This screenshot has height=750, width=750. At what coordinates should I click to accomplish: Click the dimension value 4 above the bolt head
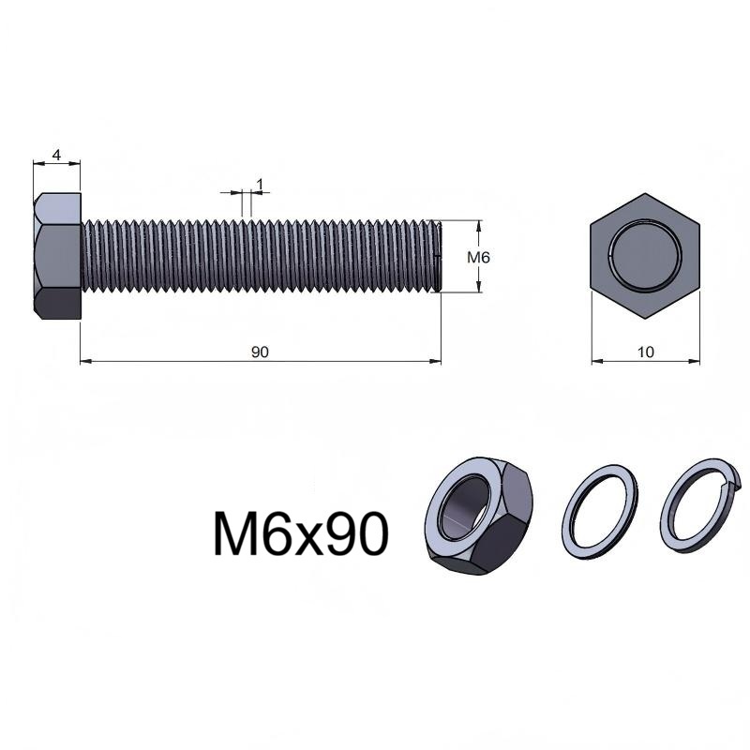[56, 156]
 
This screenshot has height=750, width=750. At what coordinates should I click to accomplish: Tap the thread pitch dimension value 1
[260, 184]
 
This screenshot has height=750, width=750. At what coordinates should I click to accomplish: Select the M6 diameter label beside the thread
[478, 258]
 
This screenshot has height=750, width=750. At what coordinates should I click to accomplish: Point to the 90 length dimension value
[260, 352]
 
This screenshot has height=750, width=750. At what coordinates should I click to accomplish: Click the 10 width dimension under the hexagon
[645, 352]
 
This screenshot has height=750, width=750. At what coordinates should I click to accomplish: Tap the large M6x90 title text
[300, 533]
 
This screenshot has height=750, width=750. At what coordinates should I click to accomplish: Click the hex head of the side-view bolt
[57, 256]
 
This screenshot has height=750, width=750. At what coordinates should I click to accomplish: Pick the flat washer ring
[599, 511]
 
